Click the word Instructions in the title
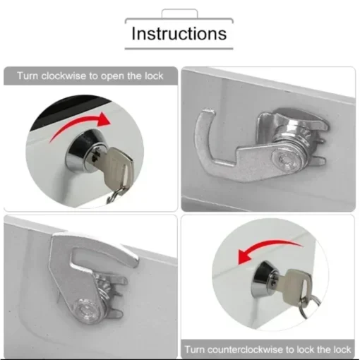pyautogui.click(x=179, y=33)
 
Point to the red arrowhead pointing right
pyautogui.click(x=103, y=119)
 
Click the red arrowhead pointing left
pyautogui.click(x=245, y=256)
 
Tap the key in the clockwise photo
pyautogui.click(x=116, y=165)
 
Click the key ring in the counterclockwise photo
pyautogui.click(x=309, y=306)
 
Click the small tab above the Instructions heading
pyautogui.click(x=179, y=13)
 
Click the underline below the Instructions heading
pyautogui.click(x=179, y=49)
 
